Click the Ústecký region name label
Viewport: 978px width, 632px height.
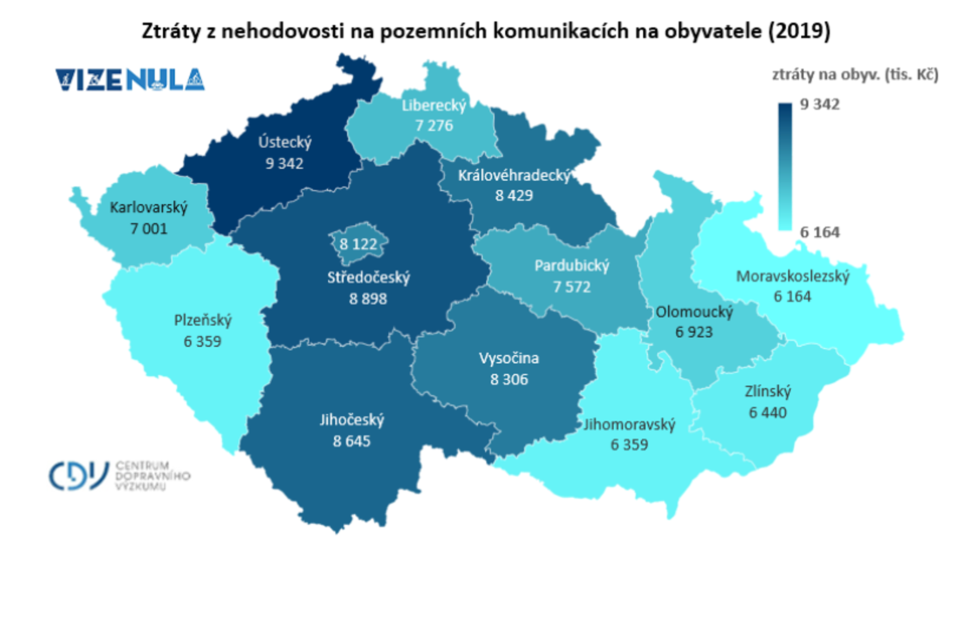(x=284, y=143)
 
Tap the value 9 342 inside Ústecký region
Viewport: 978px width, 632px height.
(x=284, y=163)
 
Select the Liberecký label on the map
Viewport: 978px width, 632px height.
(x=434, y=105)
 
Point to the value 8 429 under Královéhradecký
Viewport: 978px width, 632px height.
(x=513, y=195)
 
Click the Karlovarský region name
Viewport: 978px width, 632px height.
(x=148, y=207)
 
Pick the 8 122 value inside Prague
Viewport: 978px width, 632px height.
(x=358, y=244)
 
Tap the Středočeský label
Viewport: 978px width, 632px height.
(x=368, y=277)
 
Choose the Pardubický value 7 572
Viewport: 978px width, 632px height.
(x=572, y=287)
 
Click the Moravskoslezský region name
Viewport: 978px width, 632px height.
(x=792, y=276)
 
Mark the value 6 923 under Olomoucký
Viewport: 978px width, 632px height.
(x=694, y=332)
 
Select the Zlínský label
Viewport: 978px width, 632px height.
(x=767, y=391)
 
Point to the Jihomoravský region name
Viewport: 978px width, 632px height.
(x=629, y=424)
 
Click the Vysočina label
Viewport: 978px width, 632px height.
(x=509, y=358)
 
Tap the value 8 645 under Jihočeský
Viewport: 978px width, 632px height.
(x=351, y=441)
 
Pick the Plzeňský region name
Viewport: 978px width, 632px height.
(x=203, y=320)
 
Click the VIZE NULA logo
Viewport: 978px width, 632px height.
(x=130, y=80)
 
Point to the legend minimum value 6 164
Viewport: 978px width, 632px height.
(x=819, y=232)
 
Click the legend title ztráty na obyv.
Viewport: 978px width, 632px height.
(x=855, y=75)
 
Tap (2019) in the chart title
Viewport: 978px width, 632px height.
(x=799, y=31)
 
